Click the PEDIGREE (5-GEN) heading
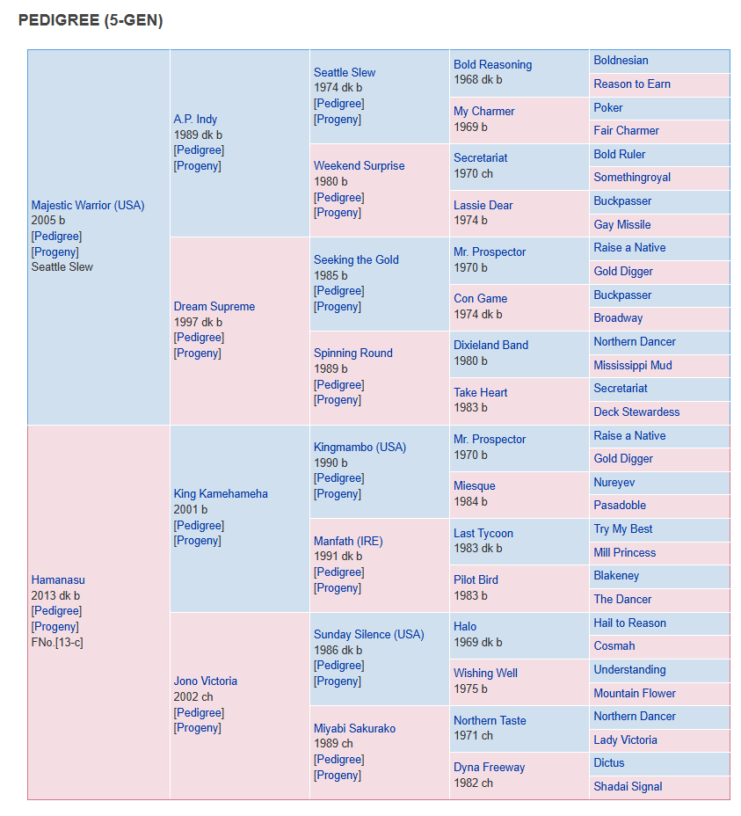(x=91, y=20)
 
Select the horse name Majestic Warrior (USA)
(x=88, y=205)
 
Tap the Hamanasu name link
(x=58, y=579)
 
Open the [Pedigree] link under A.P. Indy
(x=199, y=149)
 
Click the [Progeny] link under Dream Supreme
(x=197, y=353)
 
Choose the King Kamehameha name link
(x=221, y=493)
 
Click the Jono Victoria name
(x=205, y=681)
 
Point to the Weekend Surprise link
(x=359, y=165)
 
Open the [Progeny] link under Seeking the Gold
(x=338, y=306)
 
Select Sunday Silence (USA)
(x=369, y=634)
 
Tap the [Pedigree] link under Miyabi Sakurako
(x=338, y=759)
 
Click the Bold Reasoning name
(x=493, y=64)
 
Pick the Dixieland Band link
(x=490, y=345)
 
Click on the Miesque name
(x=475, y=485)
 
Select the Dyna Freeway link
(x=489, y=767)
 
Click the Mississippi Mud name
(x=633, y=365)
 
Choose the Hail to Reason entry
(x=629, y=623)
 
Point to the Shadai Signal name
(x=628, y=786)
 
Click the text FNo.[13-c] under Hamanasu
(x=57, y=642)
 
